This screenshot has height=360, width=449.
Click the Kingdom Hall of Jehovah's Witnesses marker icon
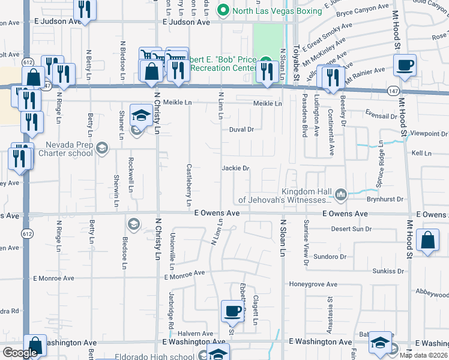click(342, 193)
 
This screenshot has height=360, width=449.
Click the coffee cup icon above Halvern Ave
click(232, 311)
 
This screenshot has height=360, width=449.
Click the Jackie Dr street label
click(235, 169)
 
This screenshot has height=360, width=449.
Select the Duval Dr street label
click(242, 130)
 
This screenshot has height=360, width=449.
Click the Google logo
click(20, 353)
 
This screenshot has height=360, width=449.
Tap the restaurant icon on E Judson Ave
click(84, 10)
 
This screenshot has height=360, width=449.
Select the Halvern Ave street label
click(199, 334)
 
